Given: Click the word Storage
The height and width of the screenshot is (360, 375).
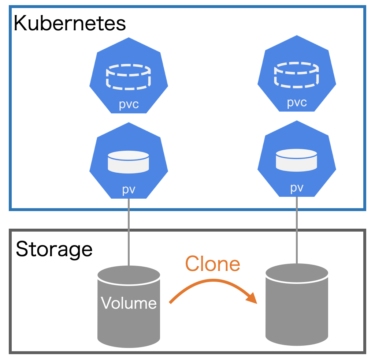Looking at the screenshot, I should (x=54, y=249).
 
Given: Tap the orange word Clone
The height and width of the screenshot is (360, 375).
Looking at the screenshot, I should (x=212, y=263).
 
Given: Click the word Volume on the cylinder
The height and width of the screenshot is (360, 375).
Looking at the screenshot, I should (x=129, y=303).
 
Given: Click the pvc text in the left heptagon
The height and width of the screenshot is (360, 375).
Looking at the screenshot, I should (x=129, y=104).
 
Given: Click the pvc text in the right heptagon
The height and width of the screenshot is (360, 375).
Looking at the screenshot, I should (x=297, y=102).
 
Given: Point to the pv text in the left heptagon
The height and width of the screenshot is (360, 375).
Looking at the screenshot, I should (x=129, y=190).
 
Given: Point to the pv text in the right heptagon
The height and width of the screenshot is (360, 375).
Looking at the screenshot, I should (x=297, y=188).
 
